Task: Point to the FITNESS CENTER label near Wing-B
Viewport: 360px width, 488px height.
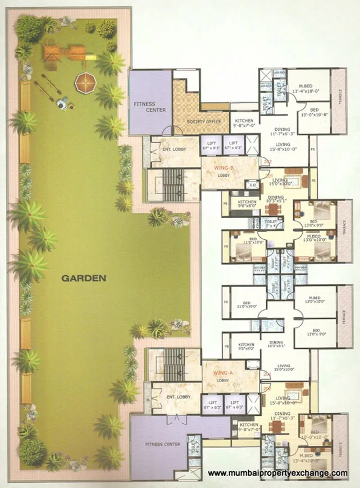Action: pyautogui.click(x=149, y=107)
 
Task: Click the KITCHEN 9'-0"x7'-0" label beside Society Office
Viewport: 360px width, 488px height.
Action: pyautogui.click(x=244, y=124)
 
